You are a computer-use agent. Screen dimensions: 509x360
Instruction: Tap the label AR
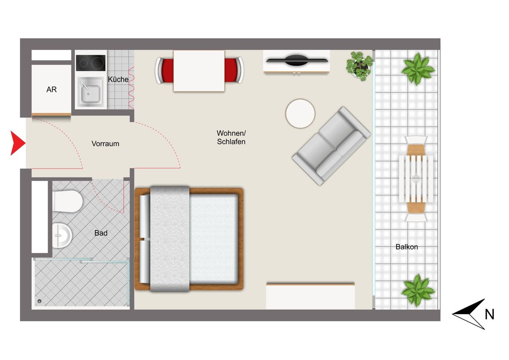52,90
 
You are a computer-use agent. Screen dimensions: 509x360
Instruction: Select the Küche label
118,79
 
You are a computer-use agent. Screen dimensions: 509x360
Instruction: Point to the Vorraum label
105,144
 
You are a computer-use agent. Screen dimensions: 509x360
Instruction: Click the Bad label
101,233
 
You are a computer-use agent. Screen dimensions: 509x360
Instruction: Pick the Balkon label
407,247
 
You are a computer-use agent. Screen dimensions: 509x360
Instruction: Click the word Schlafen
231,142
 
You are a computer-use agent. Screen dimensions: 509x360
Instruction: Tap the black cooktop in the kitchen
91,63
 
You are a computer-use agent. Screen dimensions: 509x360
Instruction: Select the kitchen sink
91,92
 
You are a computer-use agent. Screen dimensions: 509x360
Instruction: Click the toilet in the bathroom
68,201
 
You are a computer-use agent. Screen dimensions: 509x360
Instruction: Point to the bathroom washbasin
62,235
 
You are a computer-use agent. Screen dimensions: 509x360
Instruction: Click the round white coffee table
300,113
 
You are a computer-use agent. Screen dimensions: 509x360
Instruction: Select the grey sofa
332,146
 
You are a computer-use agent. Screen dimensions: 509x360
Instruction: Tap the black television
297,60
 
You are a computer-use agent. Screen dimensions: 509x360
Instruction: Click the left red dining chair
164,70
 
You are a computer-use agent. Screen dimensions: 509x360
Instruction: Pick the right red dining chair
234,70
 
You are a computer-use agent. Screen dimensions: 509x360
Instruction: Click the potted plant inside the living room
359,66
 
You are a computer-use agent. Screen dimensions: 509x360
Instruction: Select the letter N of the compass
490,315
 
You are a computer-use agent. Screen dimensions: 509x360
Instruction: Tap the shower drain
39,302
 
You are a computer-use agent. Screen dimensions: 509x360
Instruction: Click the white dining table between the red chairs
199,71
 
